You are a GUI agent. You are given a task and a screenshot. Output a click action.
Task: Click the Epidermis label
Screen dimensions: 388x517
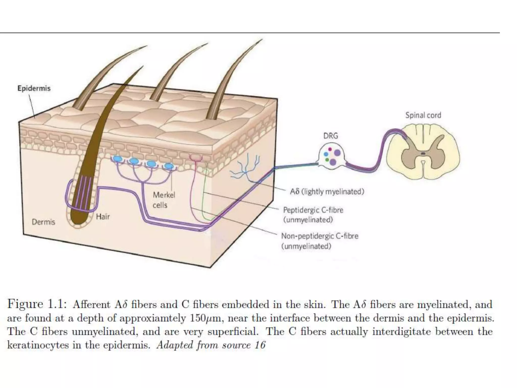coord(34,88)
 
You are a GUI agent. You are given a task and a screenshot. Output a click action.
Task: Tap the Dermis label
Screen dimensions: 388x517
coord(43,222)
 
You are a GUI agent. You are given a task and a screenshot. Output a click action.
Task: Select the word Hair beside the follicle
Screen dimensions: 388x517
coord(103,216)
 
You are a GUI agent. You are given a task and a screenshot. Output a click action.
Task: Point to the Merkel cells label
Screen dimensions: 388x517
coord(164,200)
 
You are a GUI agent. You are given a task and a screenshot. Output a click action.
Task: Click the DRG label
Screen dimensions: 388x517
coord(330,136)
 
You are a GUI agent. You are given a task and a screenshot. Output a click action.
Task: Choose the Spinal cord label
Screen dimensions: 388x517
coord(423,115)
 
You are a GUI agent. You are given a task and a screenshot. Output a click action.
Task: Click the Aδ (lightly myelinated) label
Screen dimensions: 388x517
coord(327,192)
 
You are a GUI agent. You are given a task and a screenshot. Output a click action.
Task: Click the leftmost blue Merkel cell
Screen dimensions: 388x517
coord(118,159)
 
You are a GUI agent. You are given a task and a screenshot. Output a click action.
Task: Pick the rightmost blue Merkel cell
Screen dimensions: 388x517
coord(168,166)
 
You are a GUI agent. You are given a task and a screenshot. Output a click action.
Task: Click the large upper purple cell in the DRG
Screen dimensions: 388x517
coord(337,153)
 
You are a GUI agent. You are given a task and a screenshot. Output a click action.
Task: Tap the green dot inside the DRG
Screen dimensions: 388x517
coord(327,160)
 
